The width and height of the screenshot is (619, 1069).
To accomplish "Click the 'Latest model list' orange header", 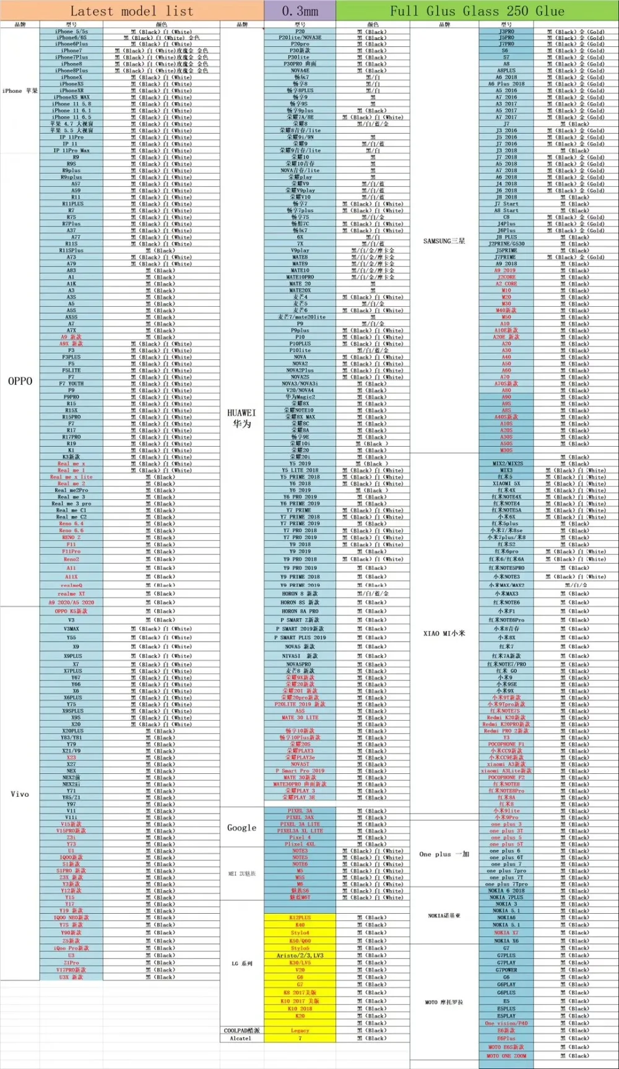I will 131,11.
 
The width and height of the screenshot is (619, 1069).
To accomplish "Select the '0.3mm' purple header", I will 300,11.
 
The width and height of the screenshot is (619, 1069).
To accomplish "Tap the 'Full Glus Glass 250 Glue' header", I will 477,11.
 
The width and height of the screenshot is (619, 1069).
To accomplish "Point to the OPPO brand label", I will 20,381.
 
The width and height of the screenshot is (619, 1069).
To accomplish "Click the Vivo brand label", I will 20,794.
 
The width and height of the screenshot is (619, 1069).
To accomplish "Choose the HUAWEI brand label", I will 241,418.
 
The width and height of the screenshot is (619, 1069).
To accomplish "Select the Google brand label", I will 241,828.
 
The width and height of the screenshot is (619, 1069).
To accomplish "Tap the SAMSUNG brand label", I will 444,241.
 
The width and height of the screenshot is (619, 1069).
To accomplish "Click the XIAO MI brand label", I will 444,633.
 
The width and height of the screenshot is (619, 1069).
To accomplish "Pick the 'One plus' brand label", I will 444,854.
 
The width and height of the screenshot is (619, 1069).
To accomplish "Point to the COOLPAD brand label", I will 241,1031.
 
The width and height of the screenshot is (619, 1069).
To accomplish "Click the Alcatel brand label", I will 241,1039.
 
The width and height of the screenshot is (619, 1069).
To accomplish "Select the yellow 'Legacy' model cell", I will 300,1031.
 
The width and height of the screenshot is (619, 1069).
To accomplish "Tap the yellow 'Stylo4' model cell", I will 300,933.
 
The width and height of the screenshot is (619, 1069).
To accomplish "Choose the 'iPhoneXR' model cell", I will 72,90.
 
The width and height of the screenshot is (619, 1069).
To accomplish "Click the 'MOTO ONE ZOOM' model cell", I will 506,1056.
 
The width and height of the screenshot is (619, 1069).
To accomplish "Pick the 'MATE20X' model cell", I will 300,290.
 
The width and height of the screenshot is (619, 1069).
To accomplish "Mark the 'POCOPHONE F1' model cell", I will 506,744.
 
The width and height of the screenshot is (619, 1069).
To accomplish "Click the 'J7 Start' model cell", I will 506,204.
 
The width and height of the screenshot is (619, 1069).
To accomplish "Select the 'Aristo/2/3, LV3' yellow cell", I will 300,956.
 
